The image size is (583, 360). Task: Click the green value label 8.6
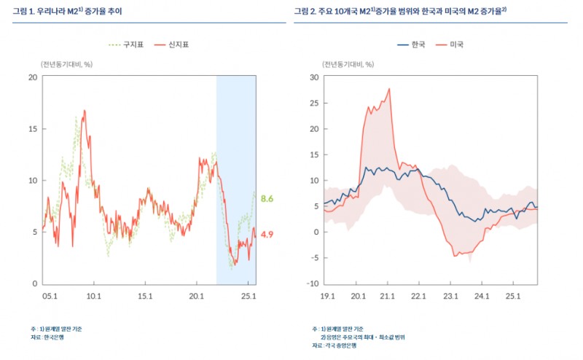[x=267, y=198]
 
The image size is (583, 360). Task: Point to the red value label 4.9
[x=267, y=234]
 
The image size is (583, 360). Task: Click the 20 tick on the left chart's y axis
[x=33, y=77]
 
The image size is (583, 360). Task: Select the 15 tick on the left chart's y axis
[x=33, y=128]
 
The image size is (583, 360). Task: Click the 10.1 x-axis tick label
[x=93, y=297]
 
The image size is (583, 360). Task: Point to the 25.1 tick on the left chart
[x=248, y=297]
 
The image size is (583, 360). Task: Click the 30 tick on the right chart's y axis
[x=314, y=77]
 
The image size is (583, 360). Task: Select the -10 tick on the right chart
[x=313, y=283]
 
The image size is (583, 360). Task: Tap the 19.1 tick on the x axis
[x=326, y=297]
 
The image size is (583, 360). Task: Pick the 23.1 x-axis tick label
[x=450, y=297]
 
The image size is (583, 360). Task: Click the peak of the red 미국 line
[x=389, y=89]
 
